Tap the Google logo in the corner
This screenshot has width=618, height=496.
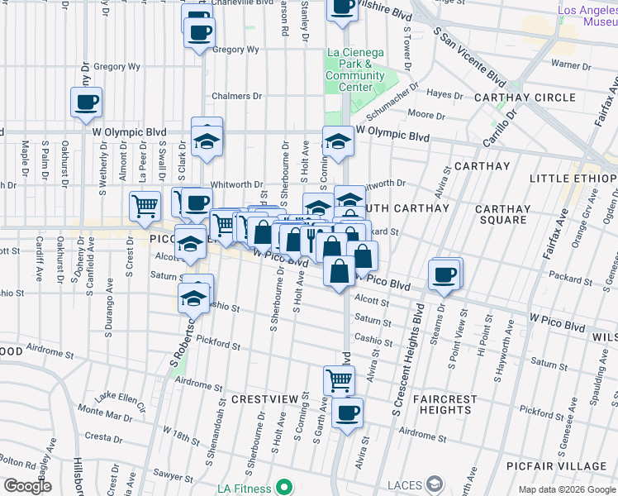point(26,486)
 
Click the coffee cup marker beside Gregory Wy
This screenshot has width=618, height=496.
point(198,33)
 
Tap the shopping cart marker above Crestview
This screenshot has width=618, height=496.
point(340,380)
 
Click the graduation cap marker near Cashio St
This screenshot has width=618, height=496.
point(195,297)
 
